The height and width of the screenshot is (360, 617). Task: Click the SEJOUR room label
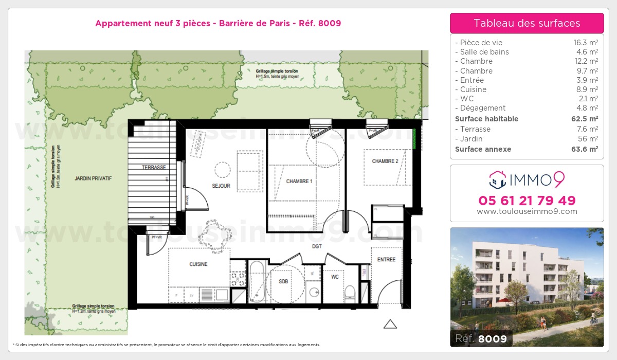221,186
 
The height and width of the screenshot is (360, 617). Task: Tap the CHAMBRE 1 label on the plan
299,181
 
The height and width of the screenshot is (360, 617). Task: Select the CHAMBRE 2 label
385,161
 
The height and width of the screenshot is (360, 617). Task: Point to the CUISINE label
198,264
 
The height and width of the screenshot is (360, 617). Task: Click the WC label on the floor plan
335,277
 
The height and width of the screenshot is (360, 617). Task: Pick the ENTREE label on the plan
386,260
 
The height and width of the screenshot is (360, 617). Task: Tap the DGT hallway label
317,246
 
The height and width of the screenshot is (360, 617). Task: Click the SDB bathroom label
283,281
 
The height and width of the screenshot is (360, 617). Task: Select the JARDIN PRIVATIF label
93,178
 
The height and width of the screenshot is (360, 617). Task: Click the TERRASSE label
154,168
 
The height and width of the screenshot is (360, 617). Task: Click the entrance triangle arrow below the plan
390,324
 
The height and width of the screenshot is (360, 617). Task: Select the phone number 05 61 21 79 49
527,200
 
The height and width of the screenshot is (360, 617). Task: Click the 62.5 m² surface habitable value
586,119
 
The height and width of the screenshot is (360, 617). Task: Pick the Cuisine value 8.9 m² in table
587,89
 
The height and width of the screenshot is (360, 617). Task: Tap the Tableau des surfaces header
527,23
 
